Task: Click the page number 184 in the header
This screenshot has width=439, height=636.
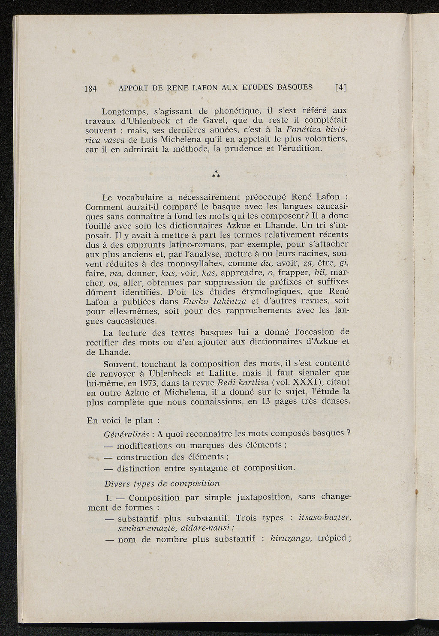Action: pos(91,89)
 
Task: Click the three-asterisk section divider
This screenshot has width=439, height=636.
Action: pos(216,174)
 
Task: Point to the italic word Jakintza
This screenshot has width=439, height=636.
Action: pos(224,301)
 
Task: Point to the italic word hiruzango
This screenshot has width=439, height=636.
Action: pos(291,538)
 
